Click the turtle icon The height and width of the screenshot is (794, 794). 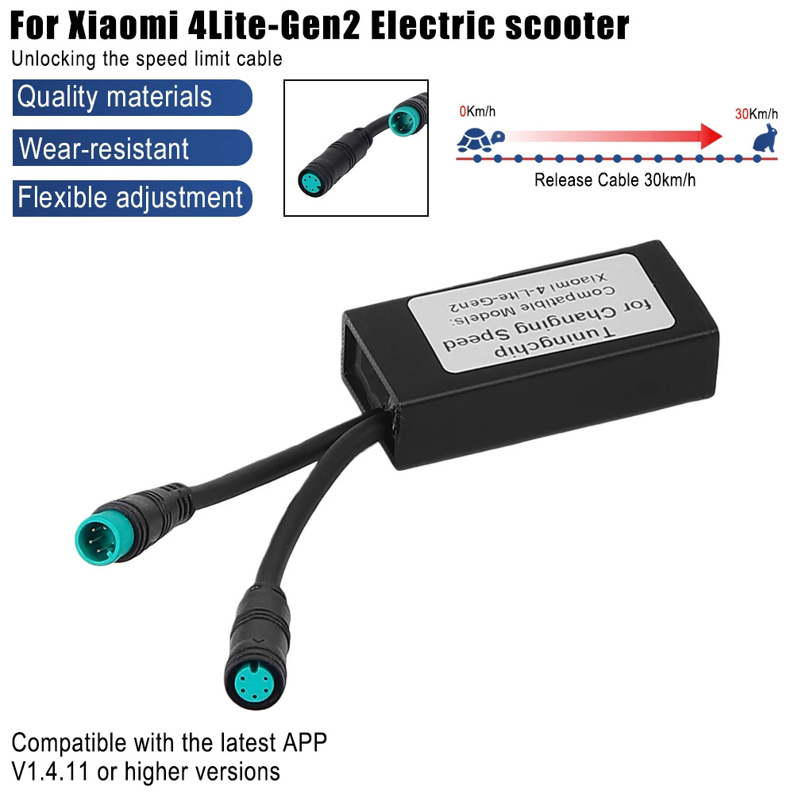pos(480,141)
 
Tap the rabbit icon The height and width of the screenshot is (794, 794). pos(765,137)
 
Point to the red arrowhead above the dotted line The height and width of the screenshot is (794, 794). pos(711,136)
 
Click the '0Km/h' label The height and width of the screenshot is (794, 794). pos(477,111)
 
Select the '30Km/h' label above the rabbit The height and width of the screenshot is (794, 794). pos(756,114)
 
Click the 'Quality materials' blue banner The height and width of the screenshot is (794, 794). pos(132,97)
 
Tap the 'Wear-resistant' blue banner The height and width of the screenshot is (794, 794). pos(132,148)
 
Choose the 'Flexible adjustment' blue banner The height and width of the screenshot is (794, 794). pos(132,198)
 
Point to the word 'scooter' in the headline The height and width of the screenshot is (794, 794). pos(567,25)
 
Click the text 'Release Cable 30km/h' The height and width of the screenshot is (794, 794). pos(615,179)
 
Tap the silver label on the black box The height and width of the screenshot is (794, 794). pos(541,313)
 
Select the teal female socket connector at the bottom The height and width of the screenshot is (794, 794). pos(256,684)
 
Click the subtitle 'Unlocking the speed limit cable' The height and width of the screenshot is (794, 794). pos(147,59)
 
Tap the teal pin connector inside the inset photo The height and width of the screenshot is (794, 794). pos(404,121)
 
